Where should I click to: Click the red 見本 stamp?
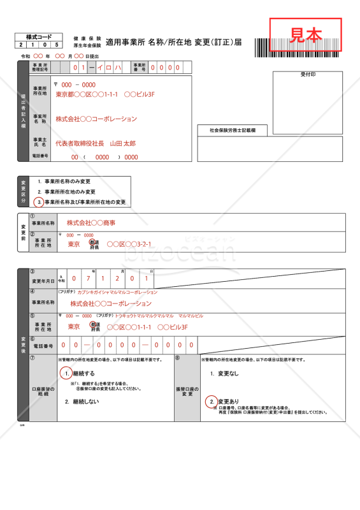pos(306,34)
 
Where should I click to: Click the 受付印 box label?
pos(308,75)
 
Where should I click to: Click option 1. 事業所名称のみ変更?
pos(64,182)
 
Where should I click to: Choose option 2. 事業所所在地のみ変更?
pos(66,191)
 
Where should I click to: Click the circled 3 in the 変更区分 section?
pos(40,202)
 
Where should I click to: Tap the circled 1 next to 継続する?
pos(66,373)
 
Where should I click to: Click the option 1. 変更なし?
pos(224,373)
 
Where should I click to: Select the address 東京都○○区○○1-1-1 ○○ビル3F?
pos(105,94)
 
